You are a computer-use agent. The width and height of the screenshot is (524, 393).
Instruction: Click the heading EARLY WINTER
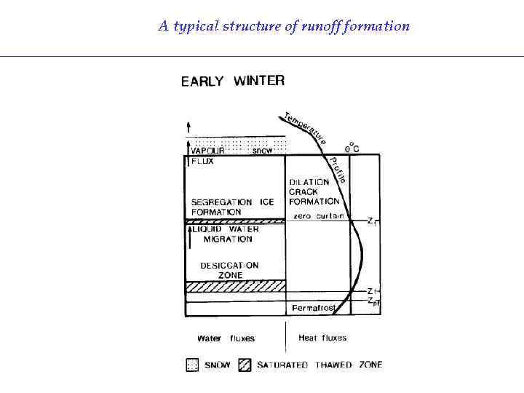coord(232,81)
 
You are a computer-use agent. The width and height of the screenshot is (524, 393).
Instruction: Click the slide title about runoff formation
coord(284,26)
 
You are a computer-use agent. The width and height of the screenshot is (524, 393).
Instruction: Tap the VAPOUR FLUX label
coord(204,156)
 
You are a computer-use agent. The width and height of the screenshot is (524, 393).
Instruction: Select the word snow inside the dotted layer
coord(262,151)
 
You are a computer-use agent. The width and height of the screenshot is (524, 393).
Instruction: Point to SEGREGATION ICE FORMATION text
coord(232,207)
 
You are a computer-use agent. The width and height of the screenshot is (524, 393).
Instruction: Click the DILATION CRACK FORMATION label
coord(314,191)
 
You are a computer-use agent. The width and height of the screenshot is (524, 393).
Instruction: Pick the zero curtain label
coord(318,216)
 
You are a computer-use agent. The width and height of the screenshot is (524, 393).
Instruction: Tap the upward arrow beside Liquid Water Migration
coord(189,237)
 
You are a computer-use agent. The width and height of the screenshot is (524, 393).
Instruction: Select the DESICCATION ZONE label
coord(229,270)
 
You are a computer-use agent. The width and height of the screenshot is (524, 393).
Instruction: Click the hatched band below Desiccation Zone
coord(234,287)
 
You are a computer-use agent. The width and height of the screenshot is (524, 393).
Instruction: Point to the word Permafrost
coord(314,309)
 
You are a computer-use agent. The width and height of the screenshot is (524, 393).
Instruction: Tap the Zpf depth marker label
coord(373,300)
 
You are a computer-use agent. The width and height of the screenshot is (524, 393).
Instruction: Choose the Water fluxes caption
coord(226,338)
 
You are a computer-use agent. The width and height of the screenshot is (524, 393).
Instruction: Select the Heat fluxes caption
coord(322,338)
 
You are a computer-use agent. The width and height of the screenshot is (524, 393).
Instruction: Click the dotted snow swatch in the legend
coord(192,365)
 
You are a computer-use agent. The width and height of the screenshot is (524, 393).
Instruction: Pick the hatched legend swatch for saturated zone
coord(245,365)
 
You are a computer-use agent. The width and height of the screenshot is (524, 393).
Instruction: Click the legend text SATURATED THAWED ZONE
coord(319,365)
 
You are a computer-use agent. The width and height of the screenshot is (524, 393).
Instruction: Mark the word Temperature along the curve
coord(304,127)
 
